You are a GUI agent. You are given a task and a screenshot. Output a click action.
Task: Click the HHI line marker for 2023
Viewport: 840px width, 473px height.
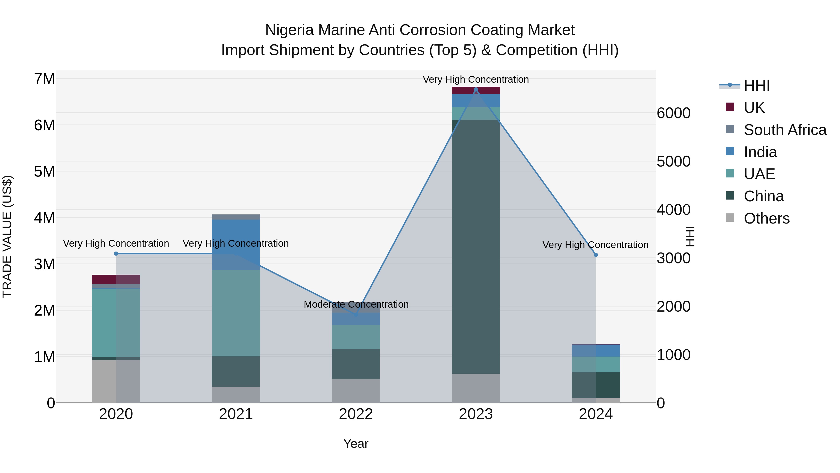(x=476, y=89)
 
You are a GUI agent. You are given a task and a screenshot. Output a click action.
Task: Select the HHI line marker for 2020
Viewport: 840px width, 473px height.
(x=116, y=254)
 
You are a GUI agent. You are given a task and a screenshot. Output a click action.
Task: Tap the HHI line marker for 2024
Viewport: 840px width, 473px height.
(x=596, y=255)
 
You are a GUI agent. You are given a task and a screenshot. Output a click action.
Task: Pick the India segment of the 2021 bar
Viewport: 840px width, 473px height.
(x=236, y=245)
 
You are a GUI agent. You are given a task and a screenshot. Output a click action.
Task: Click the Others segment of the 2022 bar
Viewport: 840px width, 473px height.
(x=356, y=391)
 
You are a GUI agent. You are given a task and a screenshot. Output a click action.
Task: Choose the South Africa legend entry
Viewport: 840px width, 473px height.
(x=785, y=130)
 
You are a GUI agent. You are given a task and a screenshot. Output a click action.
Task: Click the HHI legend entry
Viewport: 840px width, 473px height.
(x=756, y=85)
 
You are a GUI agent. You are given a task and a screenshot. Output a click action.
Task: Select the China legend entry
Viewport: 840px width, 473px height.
(x=763, y=196)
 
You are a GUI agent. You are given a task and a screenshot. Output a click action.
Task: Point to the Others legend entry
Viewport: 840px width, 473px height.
(x=766, y=218)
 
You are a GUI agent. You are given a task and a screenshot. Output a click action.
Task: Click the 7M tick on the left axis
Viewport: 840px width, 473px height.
(x=45, y=79)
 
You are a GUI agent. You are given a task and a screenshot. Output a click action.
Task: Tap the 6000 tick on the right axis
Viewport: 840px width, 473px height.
(x=673, y=113)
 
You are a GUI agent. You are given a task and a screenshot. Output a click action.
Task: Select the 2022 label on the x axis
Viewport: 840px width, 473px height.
(x=356, y=414)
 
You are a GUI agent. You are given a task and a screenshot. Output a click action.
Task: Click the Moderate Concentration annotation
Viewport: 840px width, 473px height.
(x=356, y=304)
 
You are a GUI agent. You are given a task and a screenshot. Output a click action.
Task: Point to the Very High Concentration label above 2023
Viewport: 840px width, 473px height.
(x=476, y=79)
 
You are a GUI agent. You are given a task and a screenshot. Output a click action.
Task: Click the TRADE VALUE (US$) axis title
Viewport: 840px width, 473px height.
(x=7, y=236)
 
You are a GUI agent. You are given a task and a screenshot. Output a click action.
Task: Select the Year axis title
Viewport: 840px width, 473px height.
(x=356, y=444)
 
